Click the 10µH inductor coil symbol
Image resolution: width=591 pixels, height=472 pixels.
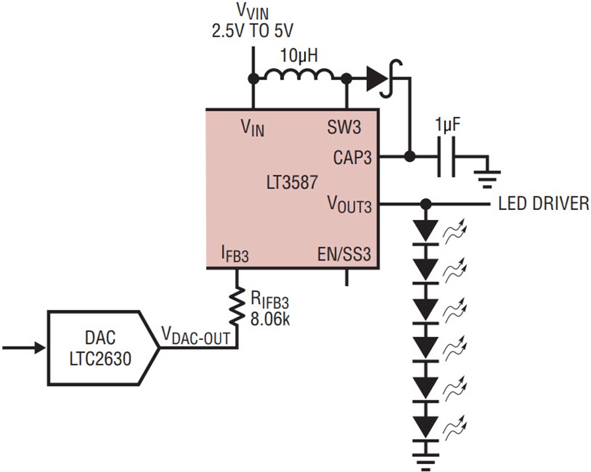299,75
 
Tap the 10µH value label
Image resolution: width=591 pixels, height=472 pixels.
299,56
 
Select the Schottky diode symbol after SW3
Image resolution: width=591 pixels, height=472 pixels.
383,79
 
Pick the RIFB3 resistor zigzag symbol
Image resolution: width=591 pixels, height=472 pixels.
236,307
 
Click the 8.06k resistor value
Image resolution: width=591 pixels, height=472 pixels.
271,320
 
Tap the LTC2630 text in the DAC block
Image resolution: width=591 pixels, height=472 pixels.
100,358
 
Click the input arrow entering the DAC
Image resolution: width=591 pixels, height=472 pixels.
24,348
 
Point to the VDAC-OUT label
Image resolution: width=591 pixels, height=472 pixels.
196,335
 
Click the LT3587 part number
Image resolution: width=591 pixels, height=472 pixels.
292,182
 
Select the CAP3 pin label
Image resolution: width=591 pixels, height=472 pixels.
352,158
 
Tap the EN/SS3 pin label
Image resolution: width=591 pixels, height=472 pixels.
343,254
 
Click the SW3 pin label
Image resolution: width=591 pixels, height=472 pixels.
343,127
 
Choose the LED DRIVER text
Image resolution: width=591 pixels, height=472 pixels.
543,204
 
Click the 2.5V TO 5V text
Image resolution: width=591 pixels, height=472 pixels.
252,31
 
